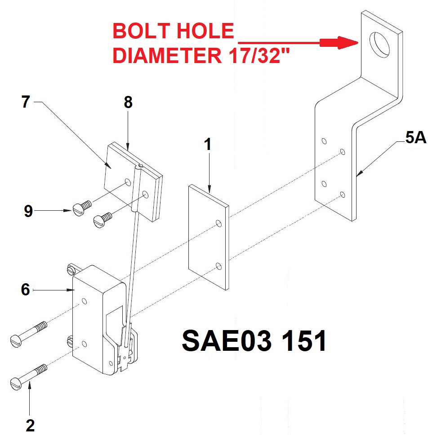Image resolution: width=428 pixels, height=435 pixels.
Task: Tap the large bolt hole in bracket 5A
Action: point(379,45)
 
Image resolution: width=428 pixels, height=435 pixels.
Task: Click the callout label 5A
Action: point(415,137)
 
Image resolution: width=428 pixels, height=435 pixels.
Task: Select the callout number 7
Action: point(26,102)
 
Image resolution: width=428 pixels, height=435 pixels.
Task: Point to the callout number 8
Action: point(128,102)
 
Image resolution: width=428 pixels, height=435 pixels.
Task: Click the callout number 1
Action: point(208,144)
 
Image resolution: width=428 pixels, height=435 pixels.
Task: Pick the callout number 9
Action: point(28,211)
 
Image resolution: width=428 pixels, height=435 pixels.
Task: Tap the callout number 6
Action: point(26,290)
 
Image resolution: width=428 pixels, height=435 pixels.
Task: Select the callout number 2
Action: point(30,425)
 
